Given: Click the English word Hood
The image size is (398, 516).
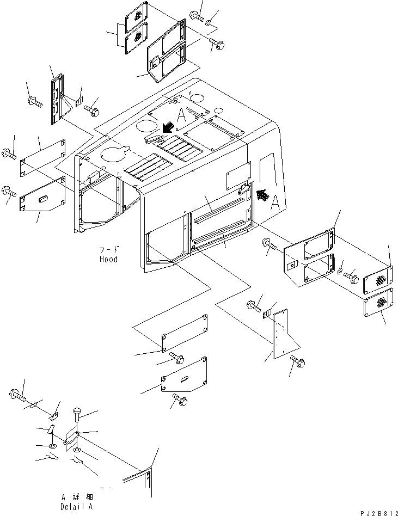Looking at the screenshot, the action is pos(108,259).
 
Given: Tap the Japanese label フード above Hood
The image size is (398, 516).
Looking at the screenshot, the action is pos(109,249).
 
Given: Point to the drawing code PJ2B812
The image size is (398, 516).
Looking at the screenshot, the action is pos(379,513).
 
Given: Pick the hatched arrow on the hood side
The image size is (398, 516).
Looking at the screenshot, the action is pos(262,195).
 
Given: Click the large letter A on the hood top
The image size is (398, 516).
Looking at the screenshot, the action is pos(181,115).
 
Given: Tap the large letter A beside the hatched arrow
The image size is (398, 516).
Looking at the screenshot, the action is pos(275,202).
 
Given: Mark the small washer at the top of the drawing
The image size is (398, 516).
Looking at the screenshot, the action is pos(209,23).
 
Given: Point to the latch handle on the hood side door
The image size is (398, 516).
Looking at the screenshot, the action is pos(243,189).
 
